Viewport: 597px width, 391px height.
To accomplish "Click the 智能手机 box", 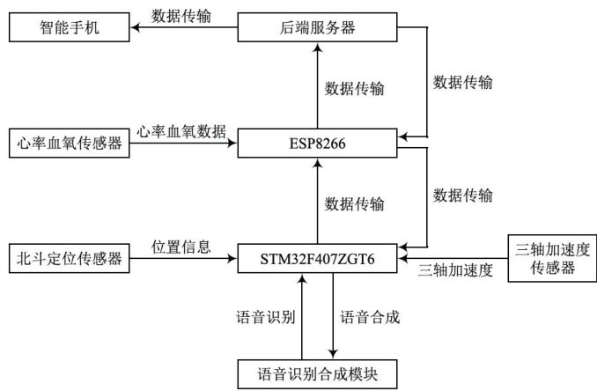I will [x=70, y=28].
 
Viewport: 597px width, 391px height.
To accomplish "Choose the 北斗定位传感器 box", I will [x=70, y=260].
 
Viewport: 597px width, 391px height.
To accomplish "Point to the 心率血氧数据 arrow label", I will [x=182, y=129].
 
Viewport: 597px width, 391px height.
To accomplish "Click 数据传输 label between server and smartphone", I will [x=181, y=15].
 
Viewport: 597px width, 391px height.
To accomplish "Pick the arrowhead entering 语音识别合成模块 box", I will [x=333, y=353].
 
